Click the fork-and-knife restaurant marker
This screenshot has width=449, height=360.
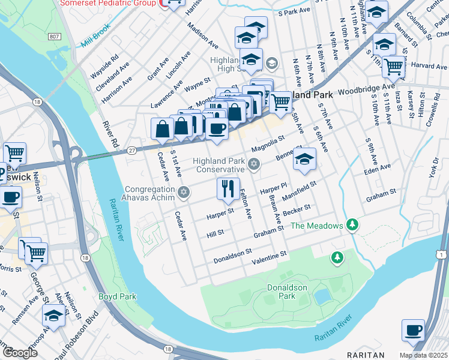coord(228,189)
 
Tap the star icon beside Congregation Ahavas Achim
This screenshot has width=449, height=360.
coord(184,193)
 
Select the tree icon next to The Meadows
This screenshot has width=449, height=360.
coord(352,226)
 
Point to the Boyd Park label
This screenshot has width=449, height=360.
coord(118,296)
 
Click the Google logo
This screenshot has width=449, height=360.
coord(20,352)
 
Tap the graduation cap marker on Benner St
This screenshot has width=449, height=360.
coord(305,160)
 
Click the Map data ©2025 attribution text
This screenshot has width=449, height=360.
coord(415,355)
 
